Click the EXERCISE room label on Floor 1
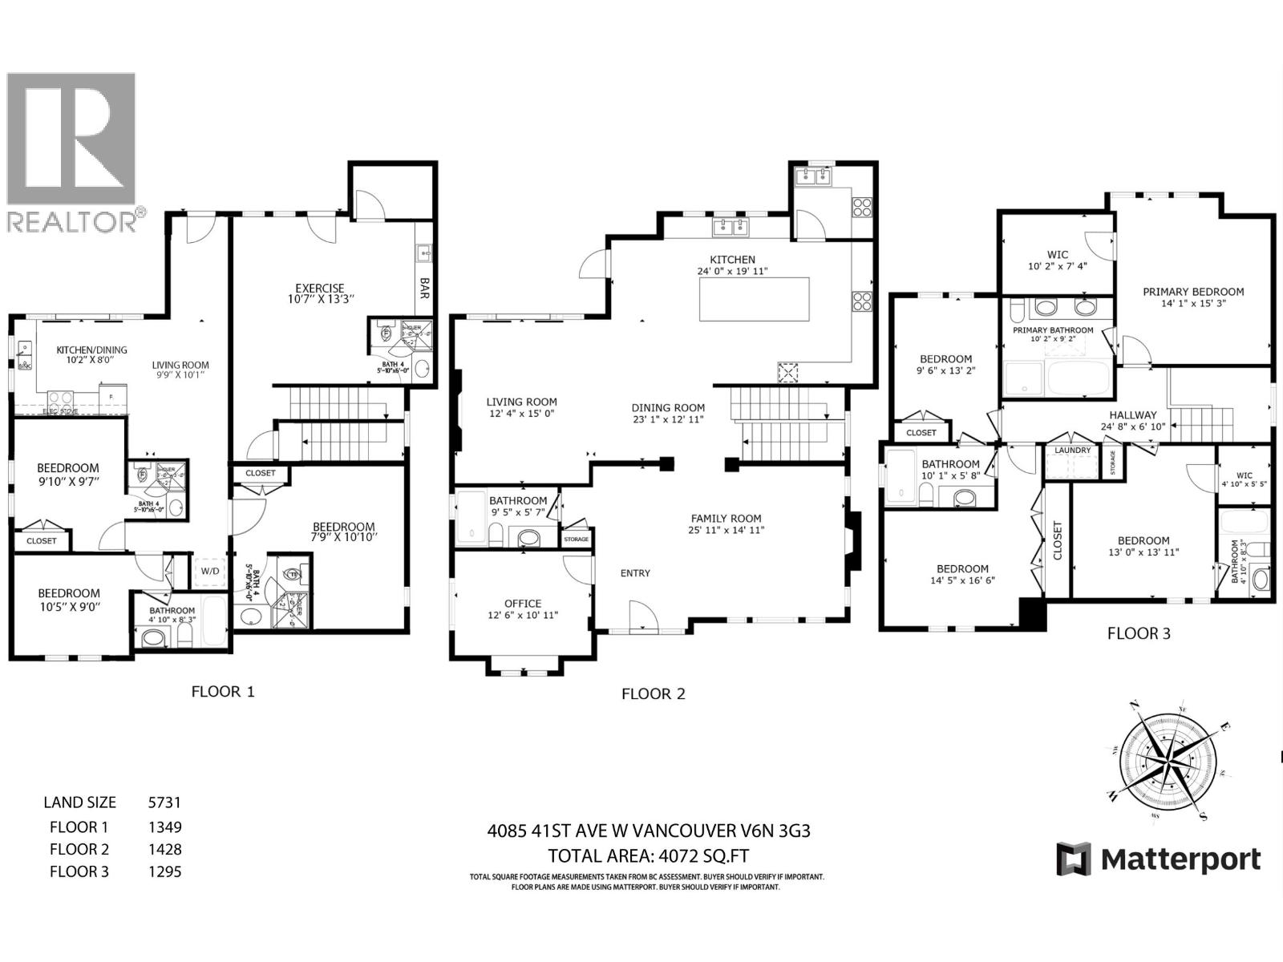(x=319, y=289)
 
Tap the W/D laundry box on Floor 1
(x=210, y=572)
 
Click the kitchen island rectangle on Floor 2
(x=754, y=299)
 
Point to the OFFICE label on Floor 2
(x=523, y=604)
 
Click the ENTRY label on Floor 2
(x=635, y=573)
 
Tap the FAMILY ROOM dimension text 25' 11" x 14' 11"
(x=726, y=530)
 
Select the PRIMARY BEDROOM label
(x=1193, y=292)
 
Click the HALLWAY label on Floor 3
(x=1133, y=414)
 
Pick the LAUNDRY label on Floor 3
(x=1072, y=451)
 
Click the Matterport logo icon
(x=1073, y=859)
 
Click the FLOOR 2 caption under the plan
(x=654, y=694)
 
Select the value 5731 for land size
(x=165, y=802)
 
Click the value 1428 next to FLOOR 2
(x=165, y=849)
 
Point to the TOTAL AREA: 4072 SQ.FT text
(x=648, y=855)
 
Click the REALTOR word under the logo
(x=72, y=221)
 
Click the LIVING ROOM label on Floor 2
(x=521, y=402)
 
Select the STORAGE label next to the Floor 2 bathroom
(x=577, y=540)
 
